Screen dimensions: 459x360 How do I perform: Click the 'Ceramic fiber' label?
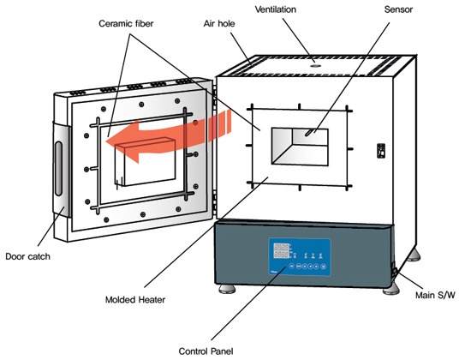(x=126, y=23)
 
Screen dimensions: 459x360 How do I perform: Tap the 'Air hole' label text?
(x=219, y=23)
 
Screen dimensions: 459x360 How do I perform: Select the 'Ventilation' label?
(x=276, y=9)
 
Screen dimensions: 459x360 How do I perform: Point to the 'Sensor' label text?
(x=398, y=9)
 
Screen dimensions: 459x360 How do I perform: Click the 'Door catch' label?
(x=27, y=256)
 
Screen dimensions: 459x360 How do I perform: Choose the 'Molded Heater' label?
(x=135, y=300)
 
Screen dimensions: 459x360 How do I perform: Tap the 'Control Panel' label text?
(x=206, y=351)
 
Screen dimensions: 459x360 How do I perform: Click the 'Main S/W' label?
(x=435, y=295)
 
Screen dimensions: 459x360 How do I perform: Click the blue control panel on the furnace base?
(x=300, y=257)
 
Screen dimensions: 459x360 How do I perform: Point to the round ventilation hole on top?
(x=315, y=66)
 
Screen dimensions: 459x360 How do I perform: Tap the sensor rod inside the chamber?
(x=310, y=132)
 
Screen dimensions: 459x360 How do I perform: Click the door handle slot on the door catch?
(x=58, y=169)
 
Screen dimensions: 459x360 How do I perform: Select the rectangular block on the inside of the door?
(x=146, y=162)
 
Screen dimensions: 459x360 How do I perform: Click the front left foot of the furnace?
(x=227, y=289)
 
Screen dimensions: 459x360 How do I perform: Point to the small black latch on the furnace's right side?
(x=381, y=151)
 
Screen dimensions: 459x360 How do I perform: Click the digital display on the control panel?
(x=281, y=251)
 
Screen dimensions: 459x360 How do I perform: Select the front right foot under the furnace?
(x=391, y=289)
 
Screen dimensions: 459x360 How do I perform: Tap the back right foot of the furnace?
(x=414, y=255)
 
